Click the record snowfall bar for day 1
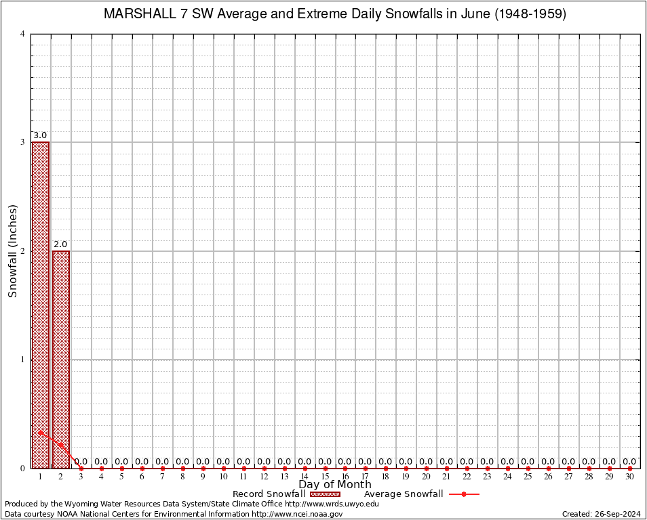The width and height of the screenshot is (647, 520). [x=41, y=305]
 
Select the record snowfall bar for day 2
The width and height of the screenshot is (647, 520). [x=61, y=359]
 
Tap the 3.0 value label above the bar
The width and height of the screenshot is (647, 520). [x=40, y=135]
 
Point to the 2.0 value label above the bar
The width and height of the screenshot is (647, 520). [x=60, y=244]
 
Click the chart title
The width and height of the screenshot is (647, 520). [x=334, y=14]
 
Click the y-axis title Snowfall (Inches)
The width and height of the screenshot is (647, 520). [x=12, y=251]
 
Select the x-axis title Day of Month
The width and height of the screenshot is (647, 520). [x=335, y=484]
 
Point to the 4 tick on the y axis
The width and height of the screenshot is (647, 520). [x=22, y=34]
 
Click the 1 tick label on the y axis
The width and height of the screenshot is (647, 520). [x=22, y=360]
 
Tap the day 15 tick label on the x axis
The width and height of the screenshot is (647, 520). [x=325, y=477]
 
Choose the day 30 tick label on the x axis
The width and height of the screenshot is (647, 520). [x=629, y=477]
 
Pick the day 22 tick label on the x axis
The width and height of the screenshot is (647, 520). [x=467, y=477]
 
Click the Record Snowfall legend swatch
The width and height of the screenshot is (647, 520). [x=325, y=494]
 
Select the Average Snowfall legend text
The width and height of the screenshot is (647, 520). [x=404, y=494]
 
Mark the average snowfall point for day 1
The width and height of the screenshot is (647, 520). [x=41, y=432]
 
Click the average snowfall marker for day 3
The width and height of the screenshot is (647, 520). [x=81, y=468]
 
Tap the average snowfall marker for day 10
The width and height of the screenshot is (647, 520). [x=223, y=468]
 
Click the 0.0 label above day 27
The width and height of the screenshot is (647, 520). [x=568, y=462]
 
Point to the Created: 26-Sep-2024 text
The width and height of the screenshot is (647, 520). [x=601, y=514]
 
